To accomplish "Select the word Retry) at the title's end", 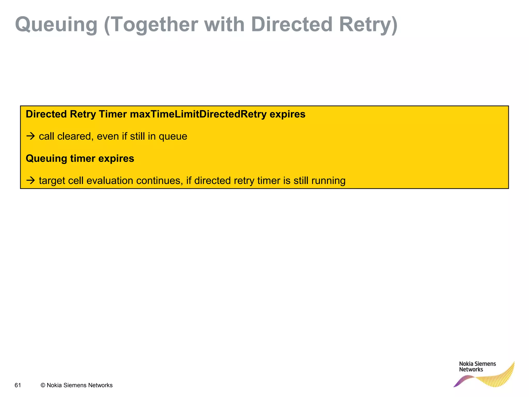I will click(x=368, y=25).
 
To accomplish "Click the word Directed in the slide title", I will click(x=291, y=25).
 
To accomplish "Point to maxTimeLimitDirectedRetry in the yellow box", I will click(x=198, y=114).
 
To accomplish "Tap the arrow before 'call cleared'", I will click(x=30, y=136).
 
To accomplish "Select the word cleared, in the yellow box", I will click(x=75, y=136).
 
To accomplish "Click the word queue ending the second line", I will click(x=173, y=136).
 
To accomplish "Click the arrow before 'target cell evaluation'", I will click(x=30, y=180).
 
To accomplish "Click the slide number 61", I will click(x=18, y=385).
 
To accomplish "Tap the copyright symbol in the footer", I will click(x=43, y=385).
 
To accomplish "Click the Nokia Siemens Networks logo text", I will click(x=477, y=367).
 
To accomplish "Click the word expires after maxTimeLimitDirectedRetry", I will click(x=287, y=114).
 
